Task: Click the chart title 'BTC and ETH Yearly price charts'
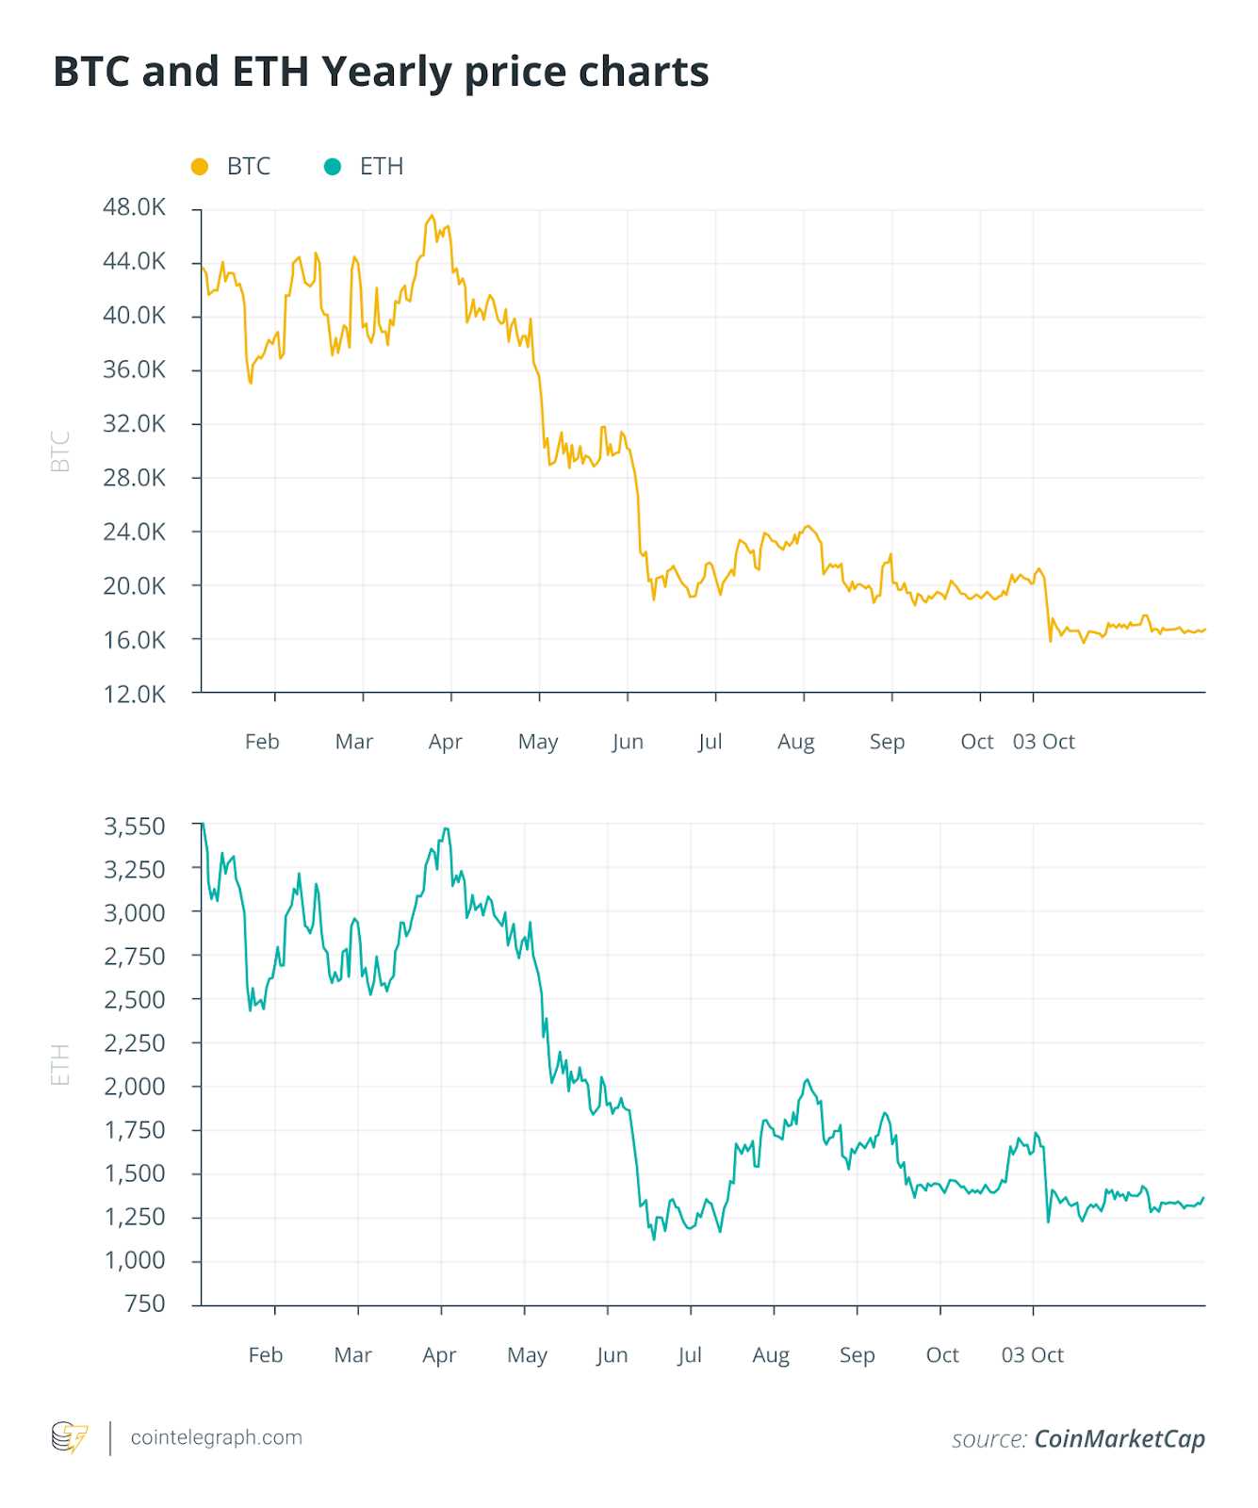pos(381,72)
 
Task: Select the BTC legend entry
pos(248,167)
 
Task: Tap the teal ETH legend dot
pos(332,167)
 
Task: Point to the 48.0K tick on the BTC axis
pos(134,207)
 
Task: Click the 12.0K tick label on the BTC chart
pos(134,695)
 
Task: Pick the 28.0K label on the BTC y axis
pos(134,478)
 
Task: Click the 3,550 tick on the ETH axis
pos(134,827)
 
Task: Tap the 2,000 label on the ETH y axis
pos(134,1087)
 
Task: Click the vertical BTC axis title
pos(60,451)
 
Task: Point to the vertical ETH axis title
pos(60,1065)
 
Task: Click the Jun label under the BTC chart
pos(628,742)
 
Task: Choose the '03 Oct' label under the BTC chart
pos(1043,742)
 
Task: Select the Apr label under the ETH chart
pos(439,1355)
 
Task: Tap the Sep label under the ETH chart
pos(857,1355)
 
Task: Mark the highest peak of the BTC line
pos(432,216)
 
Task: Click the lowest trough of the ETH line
pos(654,1238)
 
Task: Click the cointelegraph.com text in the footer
pos(217,1437)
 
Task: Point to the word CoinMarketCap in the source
pos(1119,1439)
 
